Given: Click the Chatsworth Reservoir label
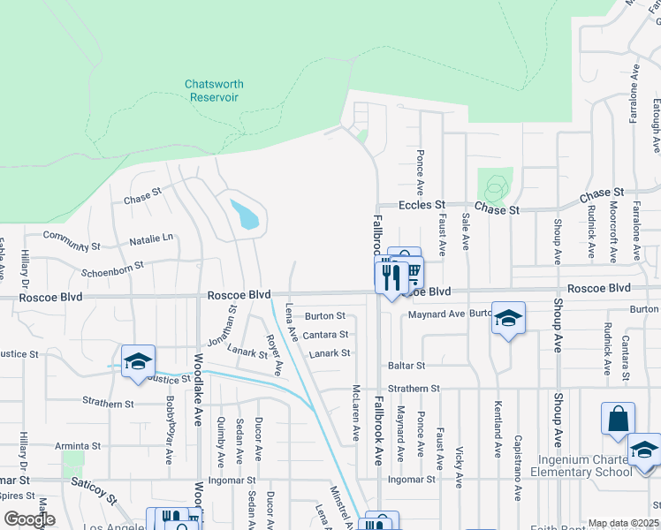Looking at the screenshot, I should tap(214, 90).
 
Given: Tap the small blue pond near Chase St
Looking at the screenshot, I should tap(245, 215).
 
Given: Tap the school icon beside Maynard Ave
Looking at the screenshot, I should tap(508, 319).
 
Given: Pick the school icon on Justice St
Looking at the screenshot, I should tap(138, 361).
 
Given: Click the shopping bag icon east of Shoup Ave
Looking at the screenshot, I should tap(618, 420).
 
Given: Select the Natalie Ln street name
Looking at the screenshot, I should tap(151, 239).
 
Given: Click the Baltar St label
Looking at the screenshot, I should tap(406, 365).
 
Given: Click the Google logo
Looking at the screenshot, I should tap(28, 519).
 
